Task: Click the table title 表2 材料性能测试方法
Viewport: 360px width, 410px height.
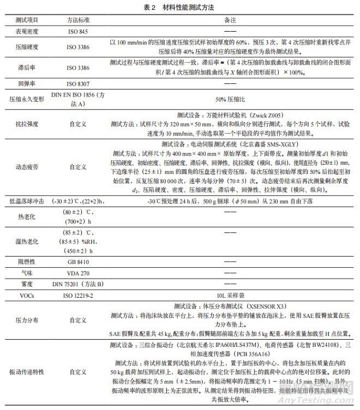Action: pos(181,7)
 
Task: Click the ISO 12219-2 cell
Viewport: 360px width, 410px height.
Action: pos(80,294)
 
